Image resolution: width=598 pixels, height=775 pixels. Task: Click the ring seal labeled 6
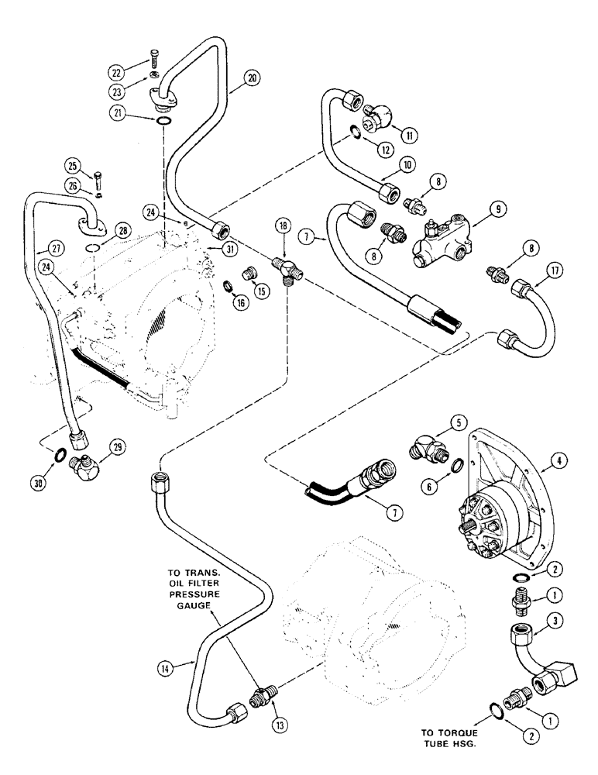[458, 466]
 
